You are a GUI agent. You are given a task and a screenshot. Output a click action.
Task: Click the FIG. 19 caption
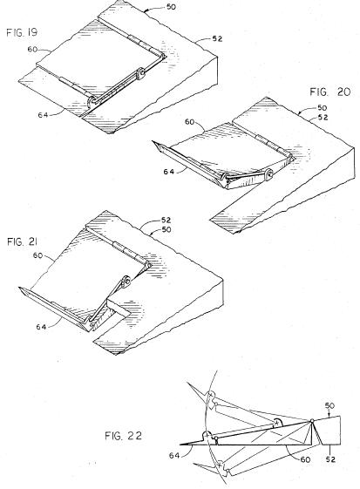[22, 32]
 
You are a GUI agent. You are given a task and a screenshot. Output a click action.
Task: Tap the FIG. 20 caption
[330, 92]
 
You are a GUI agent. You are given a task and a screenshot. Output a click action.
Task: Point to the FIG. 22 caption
[123, 435]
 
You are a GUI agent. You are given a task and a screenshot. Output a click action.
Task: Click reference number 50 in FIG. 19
[171, 7]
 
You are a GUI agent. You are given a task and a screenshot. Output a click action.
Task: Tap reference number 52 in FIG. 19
[217, 38]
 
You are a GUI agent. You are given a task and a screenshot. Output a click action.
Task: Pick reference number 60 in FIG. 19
[32, 50]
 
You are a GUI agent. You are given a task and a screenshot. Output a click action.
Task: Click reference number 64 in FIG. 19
[43, 115]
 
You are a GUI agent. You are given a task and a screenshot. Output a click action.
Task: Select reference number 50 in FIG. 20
[322, 108]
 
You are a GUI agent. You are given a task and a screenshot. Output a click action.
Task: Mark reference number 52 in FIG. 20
[323, 118]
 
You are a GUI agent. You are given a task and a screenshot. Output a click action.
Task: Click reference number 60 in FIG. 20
[190, 122]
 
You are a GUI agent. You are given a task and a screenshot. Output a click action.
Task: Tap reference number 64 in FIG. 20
[169, 172]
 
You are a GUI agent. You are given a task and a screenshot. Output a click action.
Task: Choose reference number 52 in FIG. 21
[166, 221]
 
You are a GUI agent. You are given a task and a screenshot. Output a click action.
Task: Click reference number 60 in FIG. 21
[37, 255]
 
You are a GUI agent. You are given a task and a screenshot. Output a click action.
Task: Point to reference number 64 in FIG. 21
[41, 327]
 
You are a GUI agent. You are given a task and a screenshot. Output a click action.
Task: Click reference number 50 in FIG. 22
[329, 405]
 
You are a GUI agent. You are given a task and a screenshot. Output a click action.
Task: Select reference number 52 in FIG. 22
[330, 459]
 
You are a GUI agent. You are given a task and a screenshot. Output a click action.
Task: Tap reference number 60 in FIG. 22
[305, 459]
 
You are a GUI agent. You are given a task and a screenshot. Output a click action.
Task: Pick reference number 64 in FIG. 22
[174, 456]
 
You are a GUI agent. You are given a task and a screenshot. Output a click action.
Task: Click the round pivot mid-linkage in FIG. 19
[140, 72]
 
